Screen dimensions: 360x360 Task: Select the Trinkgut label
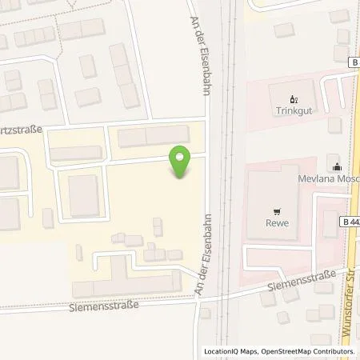point(292,112)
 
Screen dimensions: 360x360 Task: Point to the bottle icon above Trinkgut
point(292,100)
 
